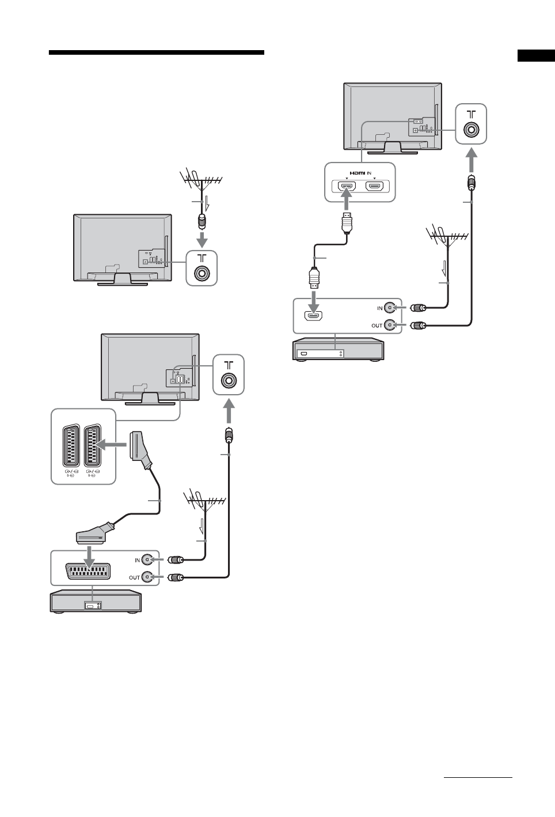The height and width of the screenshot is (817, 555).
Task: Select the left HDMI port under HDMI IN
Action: pos(346,187)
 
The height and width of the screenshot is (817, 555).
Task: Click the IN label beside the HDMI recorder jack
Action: pos(379,308)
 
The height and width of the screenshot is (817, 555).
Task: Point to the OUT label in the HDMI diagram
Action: pos(377,326)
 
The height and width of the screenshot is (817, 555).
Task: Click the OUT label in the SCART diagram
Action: pos(134,577)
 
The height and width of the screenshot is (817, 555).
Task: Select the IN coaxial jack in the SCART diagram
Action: pos(149,559)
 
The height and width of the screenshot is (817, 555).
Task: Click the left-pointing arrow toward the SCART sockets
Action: pos(111,445)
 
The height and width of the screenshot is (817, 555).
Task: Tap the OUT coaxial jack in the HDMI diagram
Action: pos(391,326)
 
